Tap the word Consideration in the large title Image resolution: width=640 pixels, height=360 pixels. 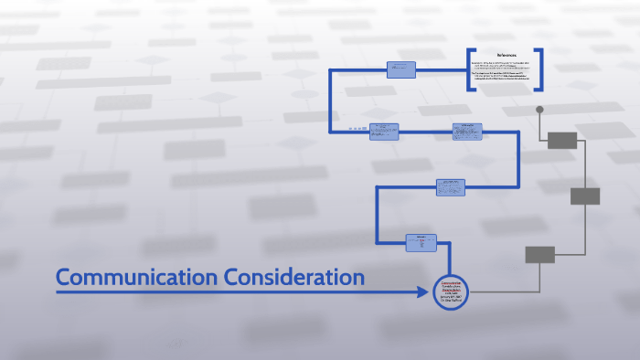tap(293, 277)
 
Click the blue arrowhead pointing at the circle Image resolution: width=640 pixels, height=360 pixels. tap(422, 292)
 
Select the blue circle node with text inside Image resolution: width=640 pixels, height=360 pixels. tap(451, 292)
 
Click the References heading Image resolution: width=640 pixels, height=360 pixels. tap(507, 56)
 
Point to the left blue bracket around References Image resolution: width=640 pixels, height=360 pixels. tap(470, 69)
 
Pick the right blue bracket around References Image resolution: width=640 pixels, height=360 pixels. tap(540, 69)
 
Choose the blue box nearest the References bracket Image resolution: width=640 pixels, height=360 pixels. tap(400, 69)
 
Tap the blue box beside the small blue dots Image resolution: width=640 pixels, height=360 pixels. tap(384, 132)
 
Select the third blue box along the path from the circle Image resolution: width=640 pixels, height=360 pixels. tap(466, 132)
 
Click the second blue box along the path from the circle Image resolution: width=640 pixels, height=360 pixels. tap(450, 187)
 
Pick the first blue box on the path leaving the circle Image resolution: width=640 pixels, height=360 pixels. tap(421, 242)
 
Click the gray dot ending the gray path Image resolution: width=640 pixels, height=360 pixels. tap(539, 110)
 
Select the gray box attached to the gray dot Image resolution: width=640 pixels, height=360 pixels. tap(562, 140)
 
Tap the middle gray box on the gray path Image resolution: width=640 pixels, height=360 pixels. tap(585, 196)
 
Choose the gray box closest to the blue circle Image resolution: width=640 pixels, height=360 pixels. tap(539, 254)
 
